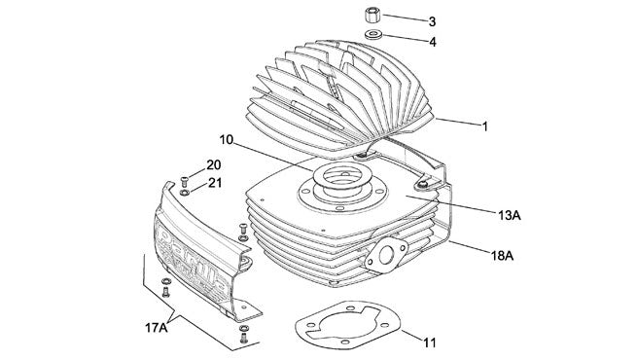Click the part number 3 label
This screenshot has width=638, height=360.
pos(432,20)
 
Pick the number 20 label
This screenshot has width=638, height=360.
pos(213,164)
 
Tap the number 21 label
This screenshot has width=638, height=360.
pos(213,182)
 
